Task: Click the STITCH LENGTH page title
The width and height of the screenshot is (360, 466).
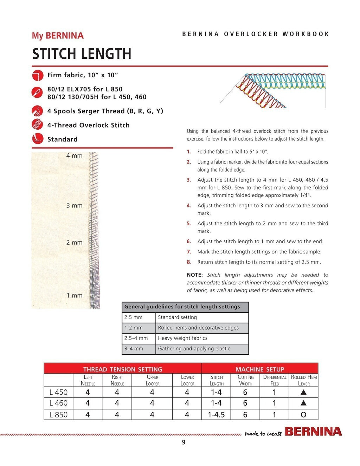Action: click(82, 54)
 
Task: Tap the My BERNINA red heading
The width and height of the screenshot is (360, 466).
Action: click(58, 35)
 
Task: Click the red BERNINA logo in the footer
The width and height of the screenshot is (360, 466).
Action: click(313, 432)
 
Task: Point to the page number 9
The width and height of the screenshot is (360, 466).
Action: click(184, 442)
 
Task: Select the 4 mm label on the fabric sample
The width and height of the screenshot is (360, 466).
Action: click(74, 156)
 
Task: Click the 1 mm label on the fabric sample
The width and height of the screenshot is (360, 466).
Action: click(75, 296)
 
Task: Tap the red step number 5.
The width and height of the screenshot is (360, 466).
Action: click(189, 224)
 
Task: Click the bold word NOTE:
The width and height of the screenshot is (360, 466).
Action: click(195, 275)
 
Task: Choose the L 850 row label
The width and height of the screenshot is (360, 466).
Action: click(58, 415)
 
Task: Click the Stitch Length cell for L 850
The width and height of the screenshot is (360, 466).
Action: click(216, 415)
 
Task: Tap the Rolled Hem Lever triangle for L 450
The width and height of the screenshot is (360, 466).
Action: click(303, 392)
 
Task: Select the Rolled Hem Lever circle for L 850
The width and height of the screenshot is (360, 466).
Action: click(303, 415)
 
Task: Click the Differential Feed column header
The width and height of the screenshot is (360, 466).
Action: click(275, 380)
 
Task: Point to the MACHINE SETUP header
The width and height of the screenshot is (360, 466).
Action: click(260, 369)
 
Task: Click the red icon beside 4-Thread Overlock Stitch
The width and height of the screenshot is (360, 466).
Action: click(37, 125)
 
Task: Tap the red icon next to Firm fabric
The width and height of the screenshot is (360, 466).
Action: click(37, 75)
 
